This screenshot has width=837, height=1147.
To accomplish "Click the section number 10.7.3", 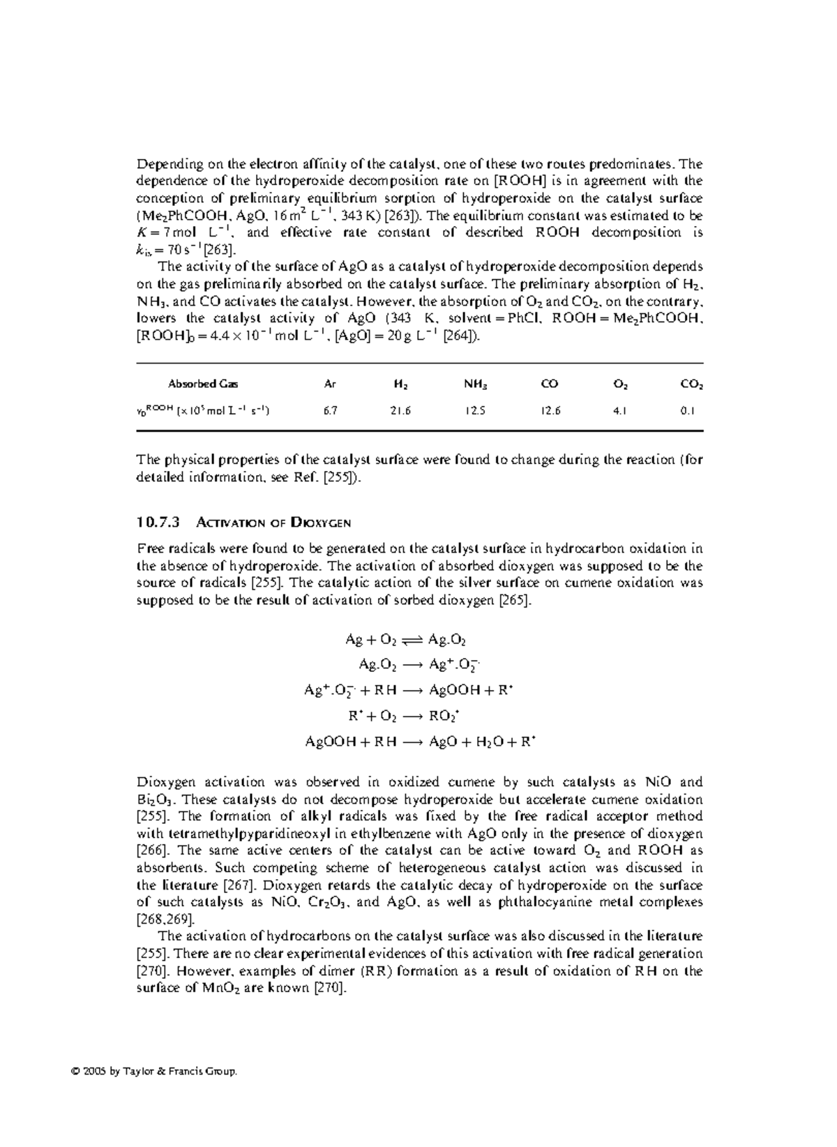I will click(x=158, y=522).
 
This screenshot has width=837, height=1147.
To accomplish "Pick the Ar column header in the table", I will click(x=330, y=384).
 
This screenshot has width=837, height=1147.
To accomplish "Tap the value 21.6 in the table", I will click(x=400, y=411).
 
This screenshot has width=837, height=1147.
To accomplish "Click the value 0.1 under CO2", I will click(x=687, y=411).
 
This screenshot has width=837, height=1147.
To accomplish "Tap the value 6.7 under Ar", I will click(x=330, y=411).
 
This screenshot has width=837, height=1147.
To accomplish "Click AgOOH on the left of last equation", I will click(x=329, y=742).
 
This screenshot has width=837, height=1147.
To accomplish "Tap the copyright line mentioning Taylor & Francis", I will click(x=187, y=1070).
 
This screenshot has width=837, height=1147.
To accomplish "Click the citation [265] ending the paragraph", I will click(x=516, y=600).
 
